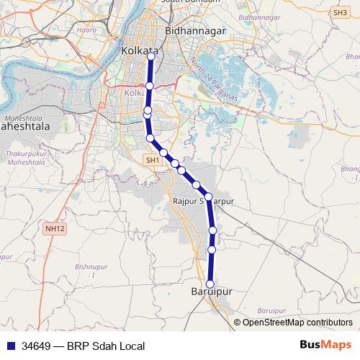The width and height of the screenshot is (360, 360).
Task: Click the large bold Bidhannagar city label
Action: [x=196, y=31]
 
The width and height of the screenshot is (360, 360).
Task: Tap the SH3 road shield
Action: [x=339, y=12]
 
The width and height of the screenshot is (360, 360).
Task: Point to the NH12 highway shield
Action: [x=55, y=228]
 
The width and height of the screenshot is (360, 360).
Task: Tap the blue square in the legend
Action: [x=11, y=346]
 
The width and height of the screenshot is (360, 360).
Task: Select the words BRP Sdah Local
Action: [x=107, y=346]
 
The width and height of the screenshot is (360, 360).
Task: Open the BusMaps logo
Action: [x=325, y=345]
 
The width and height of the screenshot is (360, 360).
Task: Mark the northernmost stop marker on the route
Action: [x=150, y=59]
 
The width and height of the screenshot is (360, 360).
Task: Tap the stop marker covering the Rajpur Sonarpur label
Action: [x=208, y=197]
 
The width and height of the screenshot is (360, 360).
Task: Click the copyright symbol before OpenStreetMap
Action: [x=238, y=323]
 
